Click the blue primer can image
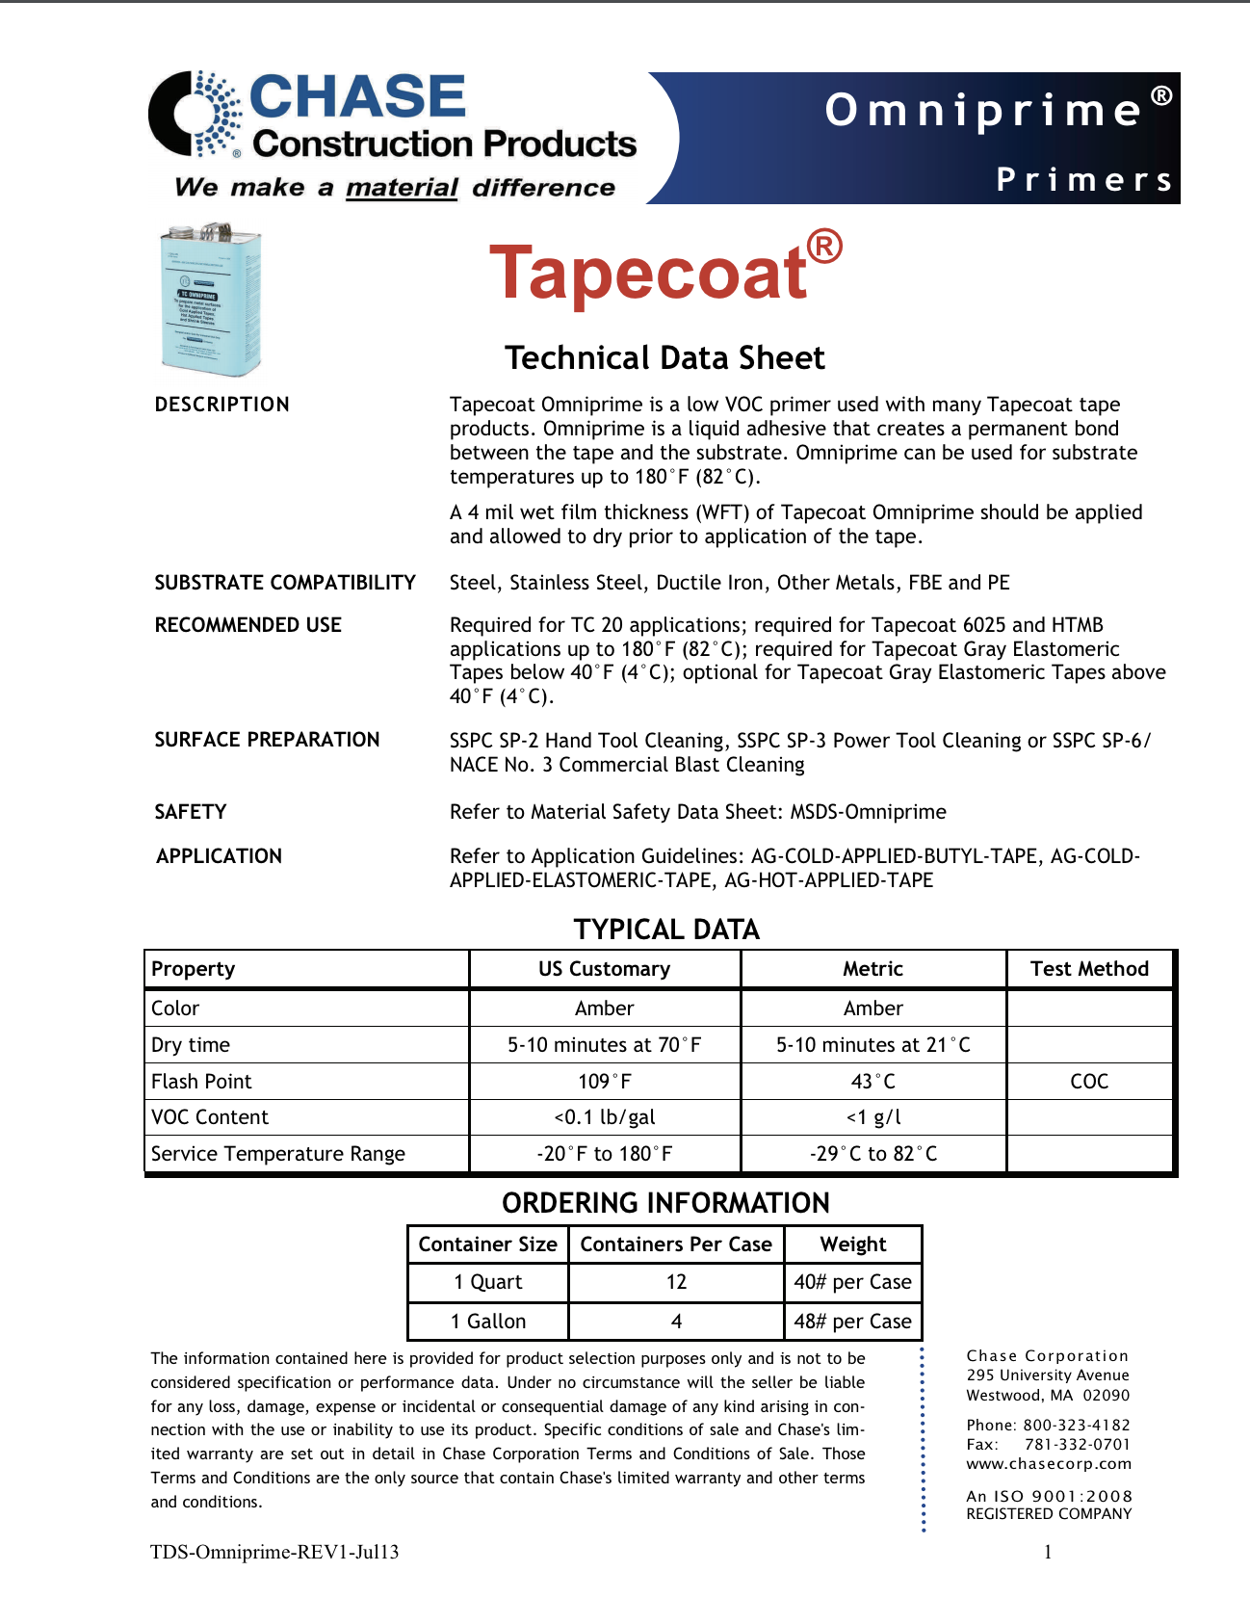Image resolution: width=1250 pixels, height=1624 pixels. click(x=211, y=300)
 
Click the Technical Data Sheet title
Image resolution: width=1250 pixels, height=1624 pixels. click(x=664, y=358)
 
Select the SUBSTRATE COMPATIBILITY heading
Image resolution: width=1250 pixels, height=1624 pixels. click(x=285, y=583)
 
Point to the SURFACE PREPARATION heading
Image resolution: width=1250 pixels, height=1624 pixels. click(x=267, y=740)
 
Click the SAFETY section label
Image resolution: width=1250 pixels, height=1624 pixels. click(x=191, y=812)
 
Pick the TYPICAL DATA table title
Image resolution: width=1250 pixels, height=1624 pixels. click(x=666, y=930)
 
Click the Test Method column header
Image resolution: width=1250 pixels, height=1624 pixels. click(x=1089, y=969)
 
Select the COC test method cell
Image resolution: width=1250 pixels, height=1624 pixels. click(x=1089, y=1082)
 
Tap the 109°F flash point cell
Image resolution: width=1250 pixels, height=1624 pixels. click(x=605, y=1082)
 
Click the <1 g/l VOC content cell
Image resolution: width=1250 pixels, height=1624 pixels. click(x=873, y=1117)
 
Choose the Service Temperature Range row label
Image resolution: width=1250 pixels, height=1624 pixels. click(x=278, y=1154)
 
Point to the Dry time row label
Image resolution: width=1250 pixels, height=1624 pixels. click(x=191, y=1045)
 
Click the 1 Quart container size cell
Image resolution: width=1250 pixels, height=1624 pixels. click(x=488, y=1282)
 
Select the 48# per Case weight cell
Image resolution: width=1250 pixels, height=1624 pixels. click(x=852, y=1322)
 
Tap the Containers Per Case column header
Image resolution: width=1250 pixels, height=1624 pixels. click(x=676, y=1244)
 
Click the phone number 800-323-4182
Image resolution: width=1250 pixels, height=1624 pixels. click(x=1077, y=1426)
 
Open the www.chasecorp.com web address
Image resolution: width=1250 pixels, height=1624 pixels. click(x=1049, y=1464)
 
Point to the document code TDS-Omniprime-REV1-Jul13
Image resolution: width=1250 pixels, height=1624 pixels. click(x=274, y=1552)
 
